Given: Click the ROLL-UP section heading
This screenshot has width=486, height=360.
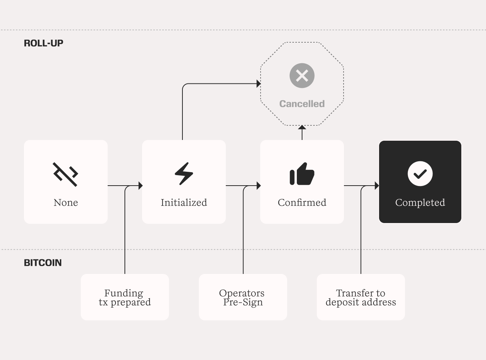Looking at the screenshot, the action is point(43,43).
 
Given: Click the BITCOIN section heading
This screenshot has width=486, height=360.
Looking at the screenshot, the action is point(43,263).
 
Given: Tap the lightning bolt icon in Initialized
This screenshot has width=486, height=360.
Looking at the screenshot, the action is point(184,174).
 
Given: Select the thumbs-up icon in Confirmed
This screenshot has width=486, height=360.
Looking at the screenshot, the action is point(302,174).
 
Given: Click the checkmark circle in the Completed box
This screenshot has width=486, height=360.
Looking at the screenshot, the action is point(420,174).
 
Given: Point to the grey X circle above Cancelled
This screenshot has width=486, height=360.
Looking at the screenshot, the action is point(302,76).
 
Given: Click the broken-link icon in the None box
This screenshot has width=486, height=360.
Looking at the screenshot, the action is point(65,174).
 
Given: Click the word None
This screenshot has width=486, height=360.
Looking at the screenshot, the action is point(66,202).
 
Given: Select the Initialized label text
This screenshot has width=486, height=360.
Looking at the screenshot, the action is point(184,202).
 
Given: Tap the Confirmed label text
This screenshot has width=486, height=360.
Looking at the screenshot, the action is point(302,202).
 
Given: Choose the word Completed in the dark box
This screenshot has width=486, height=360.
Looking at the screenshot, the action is point(420,202).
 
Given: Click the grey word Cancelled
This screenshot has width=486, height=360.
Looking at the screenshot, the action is point(302,104).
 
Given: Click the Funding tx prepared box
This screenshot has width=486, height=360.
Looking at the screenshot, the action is point(124,297).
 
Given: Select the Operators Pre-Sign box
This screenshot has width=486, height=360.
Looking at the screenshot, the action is point(243,297).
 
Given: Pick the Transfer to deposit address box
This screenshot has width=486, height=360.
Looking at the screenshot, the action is point(361,297).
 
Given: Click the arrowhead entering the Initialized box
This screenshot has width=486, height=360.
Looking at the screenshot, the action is point(141,186).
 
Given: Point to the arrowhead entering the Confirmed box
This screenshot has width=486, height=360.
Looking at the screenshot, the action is point(259,186).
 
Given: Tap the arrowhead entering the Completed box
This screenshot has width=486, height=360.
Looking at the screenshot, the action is point(377,186).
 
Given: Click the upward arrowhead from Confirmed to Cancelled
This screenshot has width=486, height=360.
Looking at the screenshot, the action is point(302,127).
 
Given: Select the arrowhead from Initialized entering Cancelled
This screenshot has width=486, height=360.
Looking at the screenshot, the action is point(259,83).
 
